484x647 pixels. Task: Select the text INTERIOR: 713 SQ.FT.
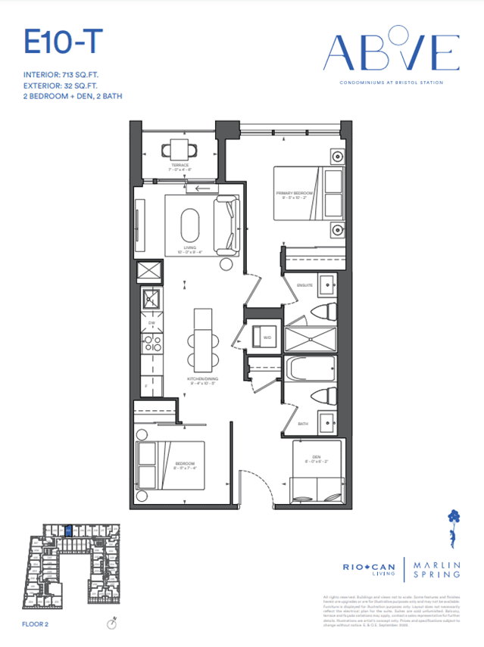point(66,75)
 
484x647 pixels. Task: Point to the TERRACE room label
point(180,165)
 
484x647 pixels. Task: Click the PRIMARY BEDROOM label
point(295,194)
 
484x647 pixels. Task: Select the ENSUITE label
point(305,285)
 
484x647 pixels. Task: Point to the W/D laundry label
point(267,337)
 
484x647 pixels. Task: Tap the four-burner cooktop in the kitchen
point(151,344)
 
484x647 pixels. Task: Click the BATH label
point(303,424)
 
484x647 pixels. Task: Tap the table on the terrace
point(180,148)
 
